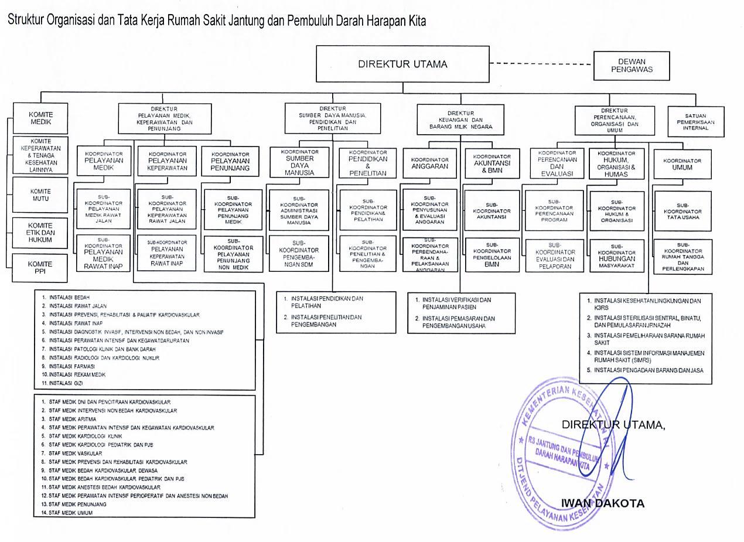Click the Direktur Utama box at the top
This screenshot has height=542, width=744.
click(402, 64)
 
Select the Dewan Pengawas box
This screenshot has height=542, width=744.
click(632, 66)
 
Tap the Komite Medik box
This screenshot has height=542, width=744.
click(41, 118)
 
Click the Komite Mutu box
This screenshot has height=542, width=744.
click(41, 195)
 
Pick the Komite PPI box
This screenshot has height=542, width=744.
click(40, 268)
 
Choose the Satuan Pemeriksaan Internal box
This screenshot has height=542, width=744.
click(695, 122)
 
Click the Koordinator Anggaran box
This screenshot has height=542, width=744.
click(429, 163)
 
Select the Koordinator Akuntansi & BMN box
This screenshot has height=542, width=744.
click(492, 163)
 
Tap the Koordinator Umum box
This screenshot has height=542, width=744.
click(682, 164)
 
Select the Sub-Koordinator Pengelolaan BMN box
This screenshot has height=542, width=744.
click(492, 255)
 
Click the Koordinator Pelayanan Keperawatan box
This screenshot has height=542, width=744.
click(168, 161)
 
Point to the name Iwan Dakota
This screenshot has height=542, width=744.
click(602, 503)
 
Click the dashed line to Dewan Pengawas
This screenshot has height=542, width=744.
click(541, 63)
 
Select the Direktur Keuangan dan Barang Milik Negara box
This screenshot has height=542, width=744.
click(460, 120)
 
